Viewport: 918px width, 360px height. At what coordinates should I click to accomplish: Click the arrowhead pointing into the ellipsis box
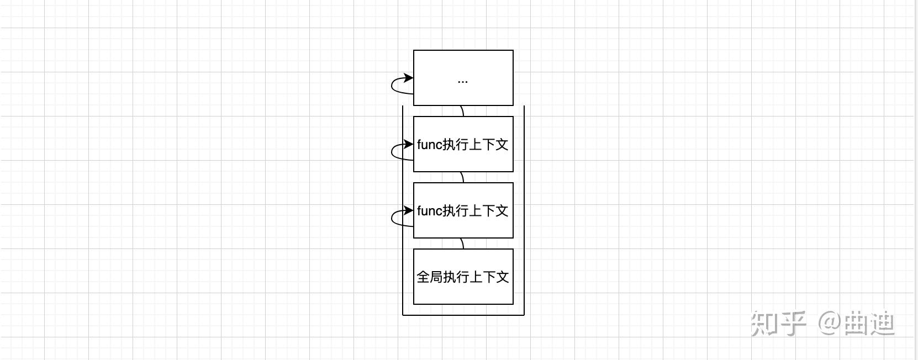click(409, 78)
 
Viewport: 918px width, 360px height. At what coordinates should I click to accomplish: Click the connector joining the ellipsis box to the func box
click(462, 111)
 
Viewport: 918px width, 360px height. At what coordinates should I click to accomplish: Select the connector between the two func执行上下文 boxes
click(462, 177)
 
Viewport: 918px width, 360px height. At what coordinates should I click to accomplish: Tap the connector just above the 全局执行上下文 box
click(462, 243)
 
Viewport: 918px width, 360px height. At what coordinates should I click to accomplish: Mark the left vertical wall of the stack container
click(403, 221)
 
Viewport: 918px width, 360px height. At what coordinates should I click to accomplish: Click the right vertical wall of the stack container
click(524, 221)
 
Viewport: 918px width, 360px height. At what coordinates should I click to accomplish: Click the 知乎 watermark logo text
click(778, 324)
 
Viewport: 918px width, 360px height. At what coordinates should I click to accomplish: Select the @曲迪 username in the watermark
click(856, 324)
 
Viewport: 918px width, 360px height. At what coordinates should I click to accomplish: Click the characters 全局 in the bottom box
click(430, 277)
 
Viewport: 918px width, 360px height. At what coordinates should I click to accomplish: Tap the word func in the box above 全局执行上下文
click(430, 211)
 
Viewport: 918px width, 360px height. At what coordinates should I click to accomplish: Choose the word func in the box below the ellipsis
click(430, 145)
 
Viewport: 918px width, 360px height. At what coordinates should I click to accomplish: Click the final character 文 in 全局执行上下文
click(502, 277)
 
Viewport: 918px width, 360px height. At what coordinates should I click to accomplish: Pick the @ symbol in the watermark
click(829, 323)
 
